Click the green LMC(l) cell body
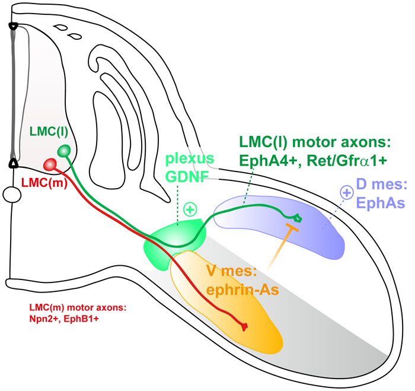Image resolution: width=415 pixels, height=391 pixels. coord(63,152)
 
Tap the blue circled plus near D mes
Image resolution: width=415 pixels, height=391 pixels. coord(346,193)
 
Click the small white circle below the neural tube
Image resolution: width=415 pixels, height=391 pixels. coord(12,194)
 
